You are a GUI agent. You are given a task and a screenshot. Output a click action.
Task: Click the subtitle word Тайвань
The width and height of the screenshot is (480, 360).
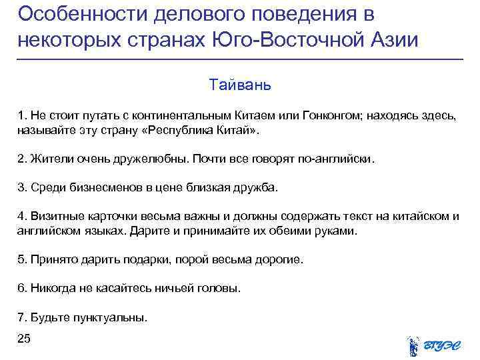pos(239,85)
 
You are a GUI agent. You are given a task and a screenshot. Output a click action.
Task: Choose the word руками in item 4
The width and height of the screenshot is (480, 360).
pos(339,231)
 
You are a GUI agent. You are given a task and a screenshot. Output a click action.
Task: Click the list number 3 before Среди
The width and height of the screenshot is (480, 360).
pos(21,188)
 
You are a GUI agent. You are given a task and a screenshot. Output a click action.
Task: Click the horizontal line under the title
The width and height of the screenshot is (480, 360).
pos(240,60)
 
